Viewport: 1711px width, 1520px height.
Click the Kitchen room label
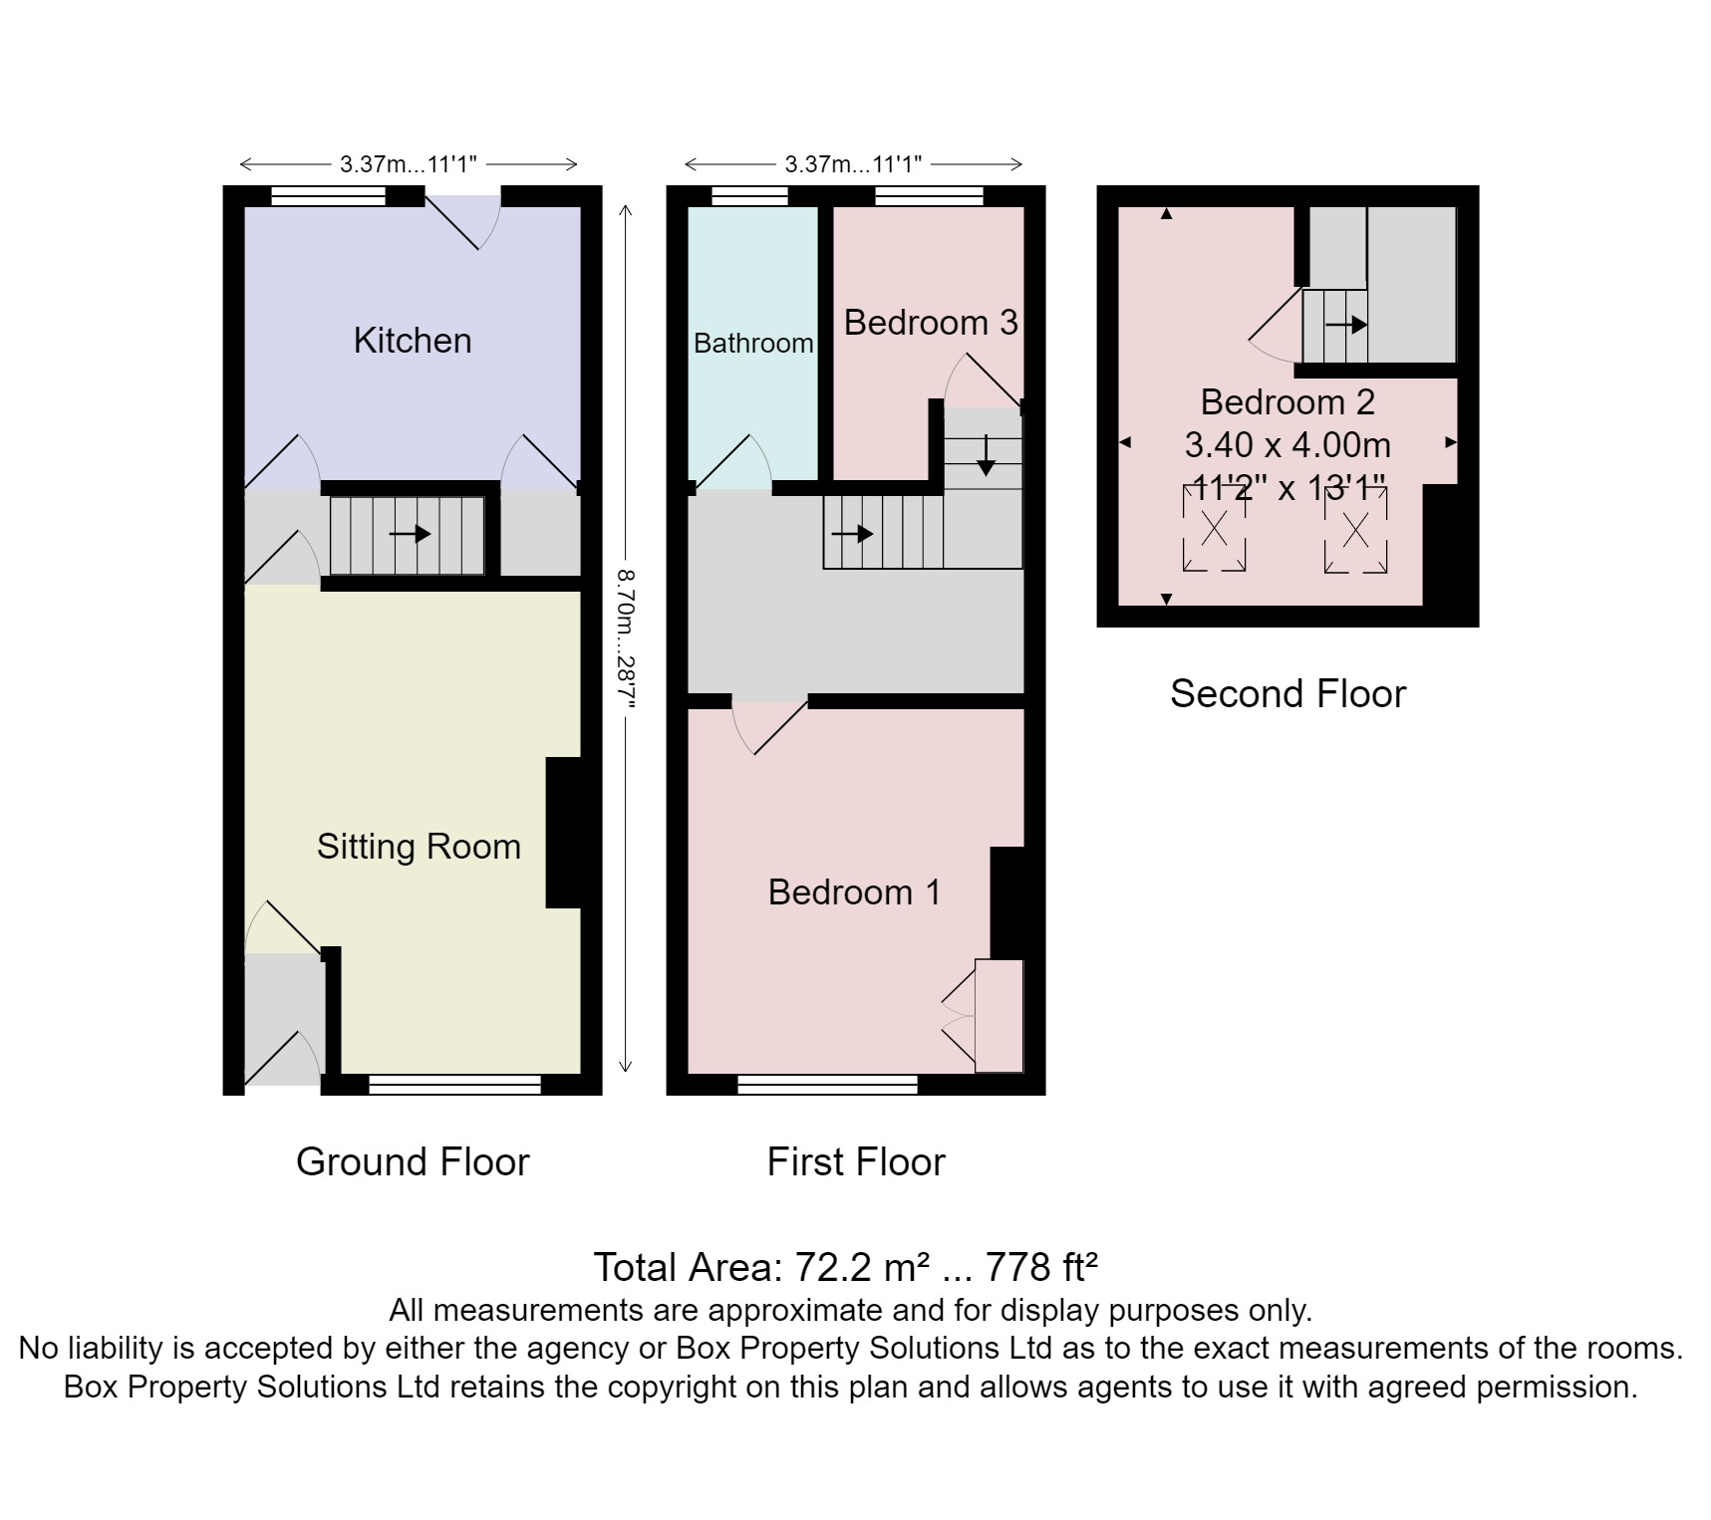(412, 341)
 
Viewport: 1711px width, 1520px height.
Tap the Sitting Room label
(419, 847)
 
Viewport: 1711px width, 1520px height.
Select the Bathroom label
(753, 344)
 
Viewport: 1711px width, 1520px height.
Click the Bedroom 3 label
(931, 323)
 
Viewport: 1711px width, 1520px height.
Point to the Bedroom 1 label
(854, 892)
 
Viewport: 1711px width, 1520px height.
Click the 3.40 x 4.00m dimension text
(1287, 445)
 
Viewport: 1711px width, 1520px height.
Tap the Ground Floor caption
(413, 1162)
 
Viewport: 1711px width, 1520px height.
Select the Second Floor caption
(1287, 694)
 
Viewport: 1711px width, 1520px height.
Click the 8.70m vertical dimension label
(626, 637)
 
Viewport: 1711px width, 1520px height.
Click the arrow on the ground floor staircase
(410, 535)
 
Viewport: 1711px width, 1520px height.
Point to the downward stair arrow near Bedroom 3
(986, 455)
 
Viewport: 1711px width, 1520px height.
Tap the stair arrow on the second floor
(1346, 325)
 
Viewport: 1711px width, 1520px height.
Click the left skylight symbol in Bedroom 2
(1214, 529)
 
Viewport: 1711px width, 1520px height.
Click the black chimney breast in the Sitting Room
(564, 833)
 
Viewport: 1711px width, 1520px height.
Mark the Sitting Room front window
(454, 1085)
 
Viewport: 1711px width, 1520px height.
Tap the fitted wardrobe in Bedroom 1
(998, 1016)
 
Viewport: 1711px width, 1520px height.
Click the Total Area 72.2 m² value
(845, 1268)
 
